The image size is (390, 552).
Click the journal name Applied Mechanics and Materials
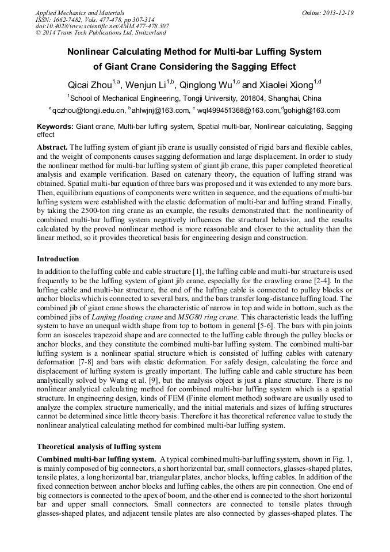pos(80,13)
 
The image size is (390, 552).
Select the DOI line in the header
pos(102,26)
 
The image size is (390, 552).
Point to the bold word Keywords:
pos(55,125)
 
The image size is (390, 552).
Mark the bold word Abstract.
pos(52,147)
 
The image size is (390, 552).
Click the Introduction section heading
pos(58,259)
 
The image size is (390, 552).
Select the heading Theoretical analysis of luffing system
pos(99,446)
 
